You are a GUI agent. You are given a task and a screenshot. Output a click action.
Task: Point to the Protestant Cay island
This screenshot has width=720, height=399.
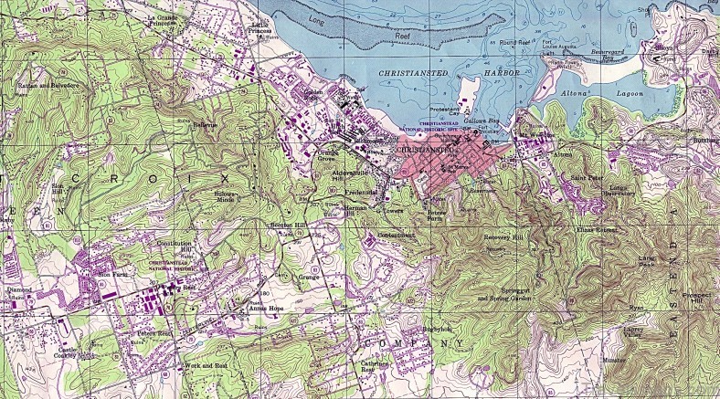(469, 92)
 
